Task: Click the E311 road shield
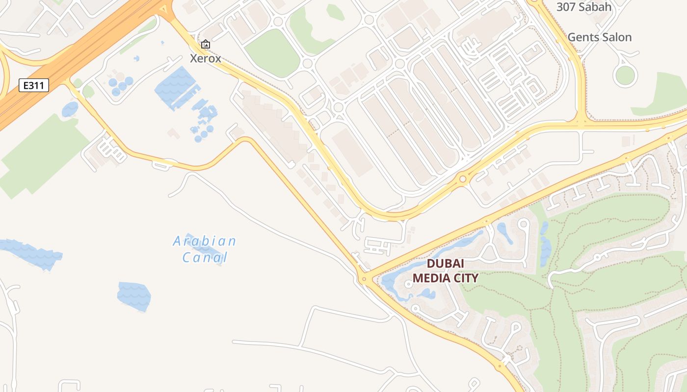click(34, 85)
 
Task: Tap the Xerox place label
click(206, 58)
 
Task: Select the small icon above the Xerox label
click(206, 45)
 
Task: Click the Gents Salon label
click(599, 37)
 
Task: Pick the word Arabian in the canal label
click(205, 241)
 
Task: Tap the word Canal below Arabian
click(205, 257)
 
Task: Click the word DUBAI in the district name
click(445, 263)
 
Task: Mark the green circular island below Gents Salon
click(625, 75)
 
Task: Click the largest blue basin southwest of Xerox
click(175, 87)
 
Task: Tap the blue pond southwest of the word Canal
click(134, 296)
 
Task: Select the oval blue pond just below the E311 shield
click(70, 109)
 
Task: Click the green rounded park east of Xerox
click(272, 53)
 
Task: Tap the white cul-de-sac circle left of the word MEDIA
click(408, 284)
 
